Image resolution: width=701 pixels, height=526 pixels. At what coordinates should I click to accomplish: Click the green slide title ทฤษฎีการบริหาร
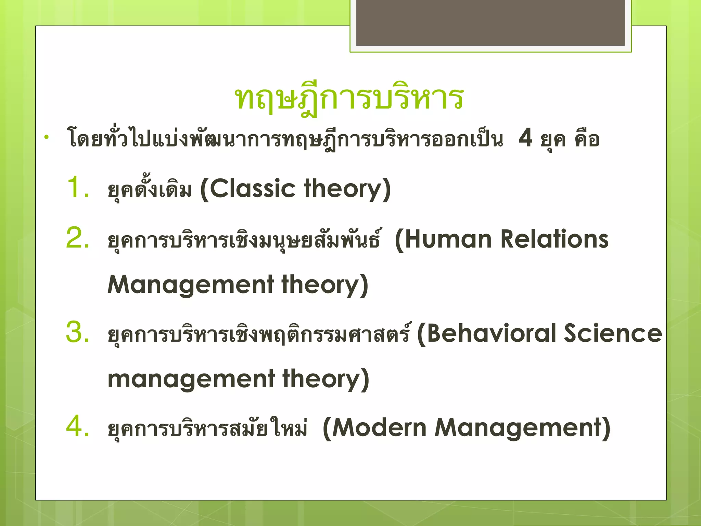(349, 98)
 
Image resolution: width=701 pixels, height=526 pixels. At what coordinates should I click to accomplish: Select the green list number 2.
(77, 238)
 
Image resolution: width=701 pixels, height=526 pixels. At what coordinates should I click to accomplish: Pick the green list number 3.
(77, 332)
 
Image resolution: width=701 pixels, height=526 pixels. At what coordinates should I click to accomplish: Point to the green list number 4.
(77, 426)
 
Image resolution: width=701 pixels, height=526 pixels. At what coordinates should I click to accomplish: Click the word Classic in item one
(252, 189)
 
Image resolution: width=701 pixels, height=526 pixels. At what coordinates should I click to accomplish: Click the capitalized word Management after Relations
(191, 285)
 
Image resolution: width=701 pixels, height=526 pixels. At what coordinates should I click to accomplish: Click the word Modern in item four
(379, 428)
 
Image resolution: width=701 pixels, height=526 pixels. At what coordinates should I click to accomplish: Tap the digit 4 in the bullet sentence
(525, 138)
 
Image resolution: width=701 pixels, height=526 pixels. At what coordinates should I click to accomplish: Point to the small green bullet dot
(47, 138)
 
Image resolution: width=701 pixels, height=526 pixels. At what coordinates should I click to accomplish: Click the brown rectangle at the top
(490, 22)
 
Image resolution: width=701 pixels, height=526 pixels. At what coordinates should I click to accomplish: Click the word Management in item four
(518, 428)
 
